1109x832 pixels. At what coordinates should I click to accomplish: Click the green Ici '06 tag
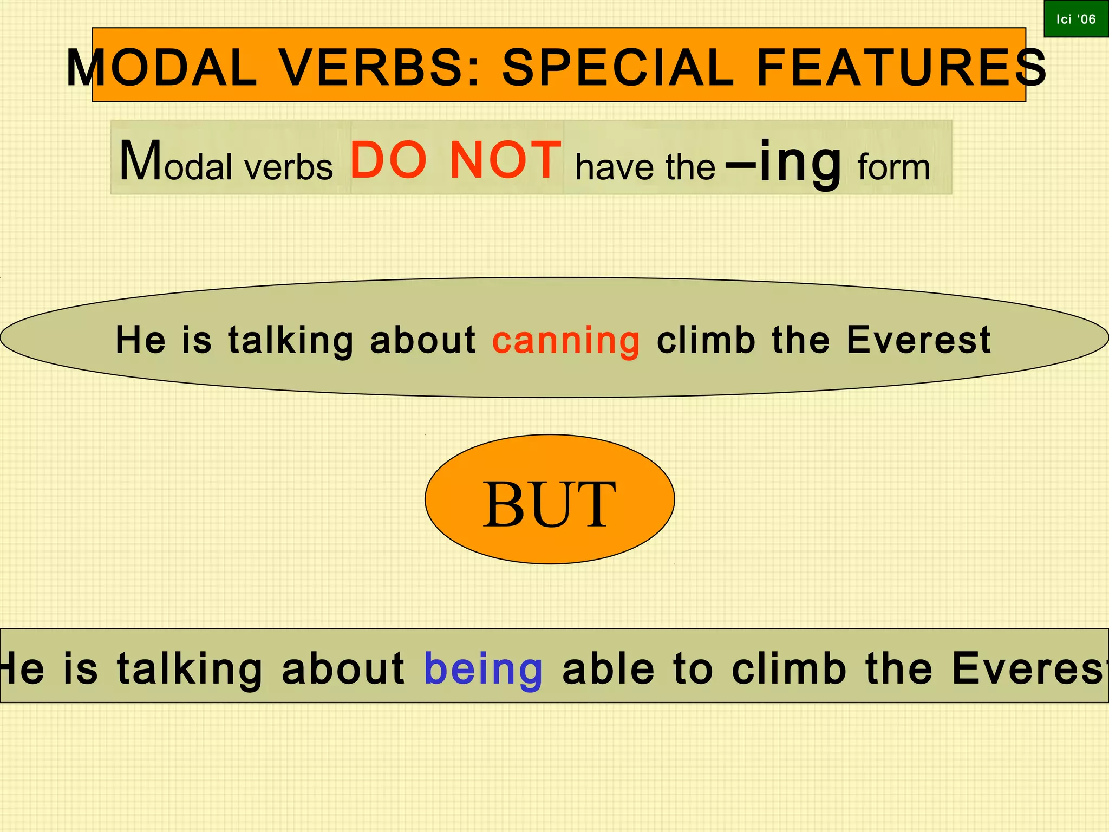1076,19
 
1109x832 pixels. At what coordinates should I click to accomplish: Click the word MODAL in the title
161,68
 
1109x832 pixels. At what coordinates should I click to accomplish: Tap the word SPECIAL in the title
618,68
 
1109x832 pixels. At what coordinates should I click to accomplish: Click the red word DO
389,160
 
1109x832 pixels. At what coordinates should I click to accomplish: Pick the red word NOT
506,160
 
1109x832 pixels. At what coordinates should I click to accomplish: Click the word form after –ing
894,167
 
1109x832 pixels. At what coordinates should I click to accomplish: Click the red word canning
566,340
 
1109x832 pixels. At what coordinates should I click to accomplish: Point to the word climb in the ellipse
706,340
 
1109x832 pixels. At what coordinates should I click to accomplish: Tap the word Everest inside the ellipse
918,340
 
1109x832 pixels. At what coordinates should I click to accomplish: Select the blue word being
483,668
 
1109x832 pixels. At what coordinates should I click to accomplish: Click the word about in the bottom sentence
343,668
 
